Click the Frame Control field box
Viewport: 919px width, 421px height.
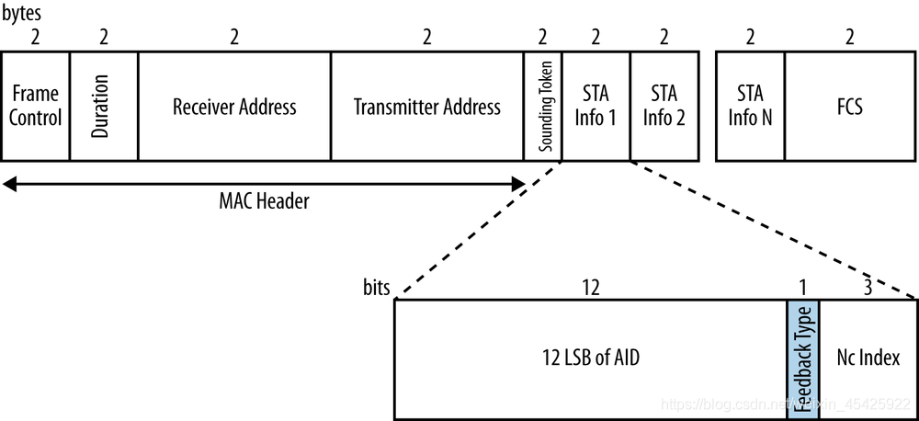(35, 106)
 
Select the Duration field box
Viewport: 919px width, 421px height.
(103, 106)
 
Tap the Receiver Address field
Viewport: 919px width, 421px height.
(234, 106)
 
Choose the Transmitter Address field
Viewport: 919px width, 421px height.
(426, 106)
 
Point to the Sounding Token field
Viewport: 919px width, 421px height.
(543, 106)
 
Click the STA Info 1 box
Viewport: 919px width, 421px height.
(596, 106)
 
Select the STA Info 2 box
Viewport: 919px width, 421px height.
(664, 106)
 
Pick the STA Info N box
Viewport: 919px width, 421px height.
(750, 106)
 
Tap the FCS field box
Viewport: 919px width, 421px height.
(849, 106)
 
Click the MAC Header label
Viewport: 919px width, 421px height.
(265, 202)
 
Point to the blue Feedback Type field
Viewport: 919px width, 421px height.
(802, 358)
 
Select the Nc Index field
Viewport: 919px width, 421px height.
(868, 358)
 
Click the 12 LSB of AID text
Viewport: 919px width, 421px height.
(590, 358)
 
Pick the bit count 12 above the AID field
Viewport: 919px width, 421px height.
(590, 288)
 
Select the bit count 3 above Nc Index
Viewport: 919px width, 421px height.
(868, 288)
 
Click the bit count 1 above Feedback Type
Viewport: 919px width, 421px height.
(802, 288)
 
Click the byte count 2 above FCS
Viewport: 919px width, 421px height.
(849, 37)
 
